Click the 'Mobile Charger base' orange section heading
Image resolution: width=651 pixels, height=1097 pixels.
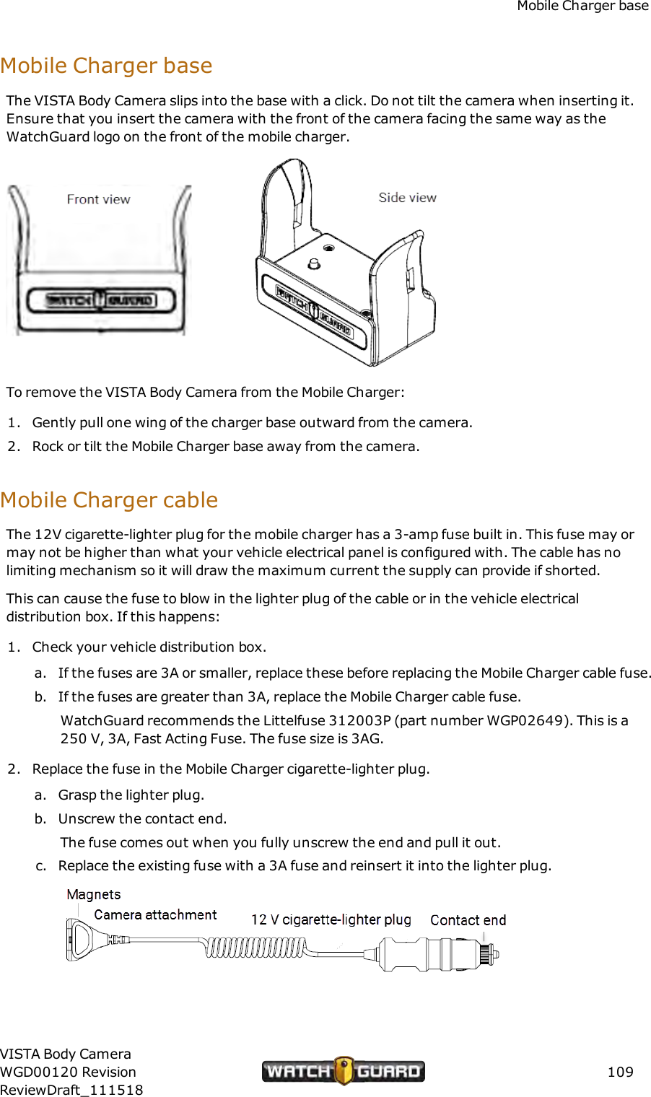(106, 66)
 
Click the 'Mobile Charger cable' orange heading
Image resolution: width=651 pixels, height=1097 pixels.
(109, 500)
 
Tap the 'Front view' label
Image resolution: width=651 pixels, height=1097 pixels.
(98, 199)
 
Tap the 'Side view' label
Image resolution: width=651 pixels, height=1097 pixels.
(407, 198)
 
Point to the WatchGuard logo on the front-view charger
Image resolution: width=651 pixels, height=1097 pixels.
(101, 300)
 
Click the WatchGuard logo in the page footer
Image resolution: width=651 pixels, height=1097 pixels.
(344, 1071)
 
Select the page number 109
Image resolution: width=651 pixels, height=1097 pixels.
(620, 1072)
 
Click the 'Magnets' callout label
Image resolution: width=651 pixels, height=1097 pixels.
(94, 895)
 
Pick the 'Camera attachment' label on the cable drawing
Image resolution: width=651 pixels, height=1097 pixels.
(155, 915)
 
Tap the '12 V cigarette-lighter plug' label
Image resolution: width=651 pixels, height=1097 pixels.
(331, 919)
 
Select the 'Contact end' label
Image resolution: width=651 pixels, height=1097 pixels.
(468, 920)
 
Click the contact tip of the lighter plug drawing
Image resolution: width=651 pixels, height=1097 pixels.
(494, 954)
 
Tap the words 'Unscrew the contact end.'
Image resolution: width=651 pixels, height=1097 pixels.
(142, 818)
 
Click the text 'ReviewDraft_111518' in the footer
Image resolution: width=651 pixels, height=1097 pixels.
(71, 1090)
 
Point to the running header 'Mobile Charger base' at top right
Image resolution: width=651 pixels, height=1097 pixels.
(582, 6)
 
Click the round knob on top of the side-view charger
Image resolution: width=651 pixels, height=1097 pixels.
(314, 263)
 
